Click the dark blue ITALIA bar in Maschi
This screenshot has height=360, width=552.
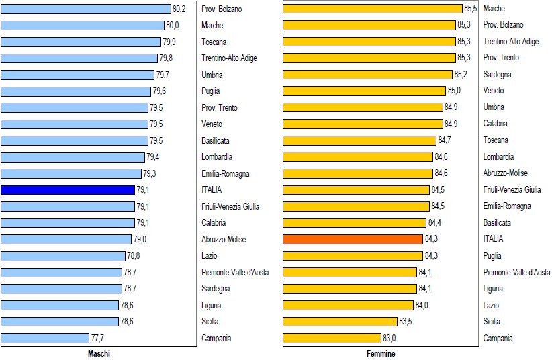coord(68,190)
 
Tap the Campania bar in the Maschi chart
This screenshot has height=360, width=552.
coord(45,338)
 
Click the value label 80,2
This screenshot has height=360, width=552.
coord(179,9)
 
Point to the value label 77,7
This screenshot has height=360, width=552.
coord(98,338)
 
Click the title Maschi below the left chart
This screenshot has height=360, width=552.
coord(99,353)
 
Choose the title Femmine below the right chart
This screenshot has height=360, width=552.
coord(381,353)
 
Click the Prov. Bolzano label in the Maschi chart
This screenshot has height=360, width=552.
coord(222,9)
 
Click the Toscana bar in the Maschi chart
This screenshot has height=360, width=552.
coord(80,42)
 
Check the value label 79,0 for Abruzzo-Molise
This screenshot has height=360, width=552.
coord(140,239)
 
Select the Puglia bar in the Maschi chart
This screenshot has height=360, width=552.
coord(76,91)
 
